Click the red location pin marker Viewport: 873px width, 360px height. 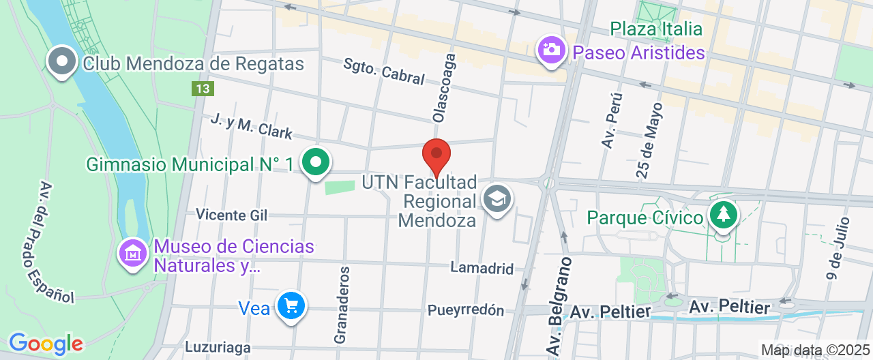[x=436, y=154]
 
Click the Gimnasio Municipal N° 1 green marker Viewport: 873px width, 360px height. [x=316, y=162]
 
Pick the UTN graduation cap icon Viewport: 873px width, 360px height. [x=497, y=198]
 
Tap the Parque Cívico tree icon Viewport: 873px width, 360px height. [x=723, y=215]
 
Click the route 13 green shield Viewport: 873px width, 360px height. [x=203, y=89]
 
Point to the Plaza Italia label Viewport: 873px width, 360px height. [x=656, y=29]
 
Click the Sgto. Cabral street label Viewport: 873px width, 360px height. [x=384, y=70]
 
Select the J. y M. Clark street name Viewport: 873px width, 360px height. [x=251, y=127]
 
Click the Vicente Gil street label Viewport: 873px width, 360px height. [x=231, y=215]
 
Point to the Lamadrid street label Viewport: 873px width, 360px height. [x=482, y=268]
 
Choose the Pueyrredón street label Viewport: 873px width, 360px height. [x=466, y=310]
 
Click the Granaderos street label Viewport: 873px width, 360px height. [x=343, y=305]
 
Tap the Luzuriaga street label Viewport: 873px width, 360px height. [x=218, y=348]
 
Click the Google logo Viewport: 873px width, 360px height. [x=46, y=344]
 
